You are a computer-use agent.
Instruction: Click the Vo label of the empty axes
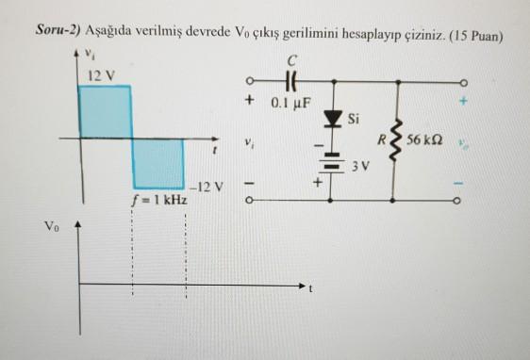pos(50,225)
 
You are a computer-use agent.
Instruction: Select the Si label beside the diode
pos(354,120)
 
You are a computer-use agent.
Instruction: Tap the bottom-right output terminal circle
pos(462,200)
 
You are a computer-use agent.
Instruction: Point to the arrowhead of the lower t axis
pos(303,284)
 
